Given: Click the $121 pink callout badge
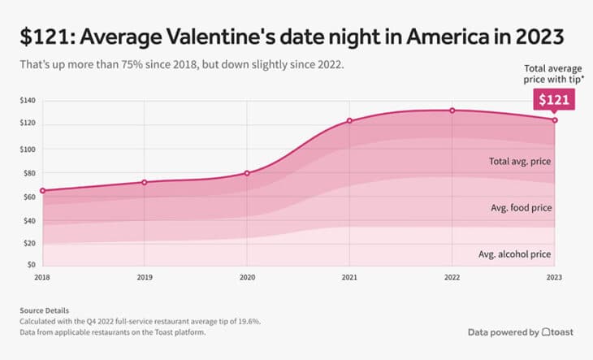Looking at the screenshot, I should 554,99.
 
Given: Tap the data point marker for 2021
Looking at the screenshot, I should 349,121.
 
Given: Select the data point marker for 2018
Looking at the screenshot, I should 42,191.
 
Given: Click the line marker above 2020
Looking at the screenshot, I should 247,173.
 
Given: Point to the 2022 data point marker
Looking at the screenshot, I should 452,111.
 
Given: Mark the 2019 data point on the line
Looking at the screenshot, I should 145,182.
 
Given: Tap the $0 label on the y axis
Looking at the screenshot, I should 32,265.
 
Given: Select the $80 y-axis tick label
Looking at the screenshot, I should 31,173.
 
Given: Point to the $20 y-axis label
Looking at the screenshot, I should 31,243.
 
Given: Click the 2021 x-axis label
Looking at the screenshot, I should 349,277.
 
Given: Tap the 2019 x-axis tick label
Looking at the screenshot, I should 145,277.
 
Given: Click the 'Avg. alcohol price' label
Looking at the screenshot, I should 515,254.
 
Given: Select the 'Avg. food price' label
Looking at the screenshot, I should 521,208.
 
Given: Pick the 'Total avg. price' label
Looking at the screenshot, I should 521,162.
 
